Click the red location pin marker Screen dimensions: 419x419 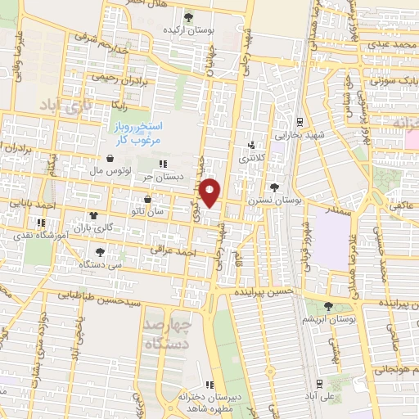point(211,193)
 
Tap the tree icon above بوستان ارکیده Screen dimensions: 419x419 point(190,16)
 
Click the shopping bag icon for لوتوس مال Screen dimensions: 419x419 point(109,160)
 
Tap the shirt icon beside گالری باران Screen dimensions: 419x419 point(92,216)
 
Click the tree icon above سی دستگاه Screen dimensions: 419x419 point(100,252)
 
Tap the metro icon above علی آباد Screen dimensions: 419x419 point(318,383)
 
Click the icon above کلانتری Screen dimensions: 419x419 point(251,147)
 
